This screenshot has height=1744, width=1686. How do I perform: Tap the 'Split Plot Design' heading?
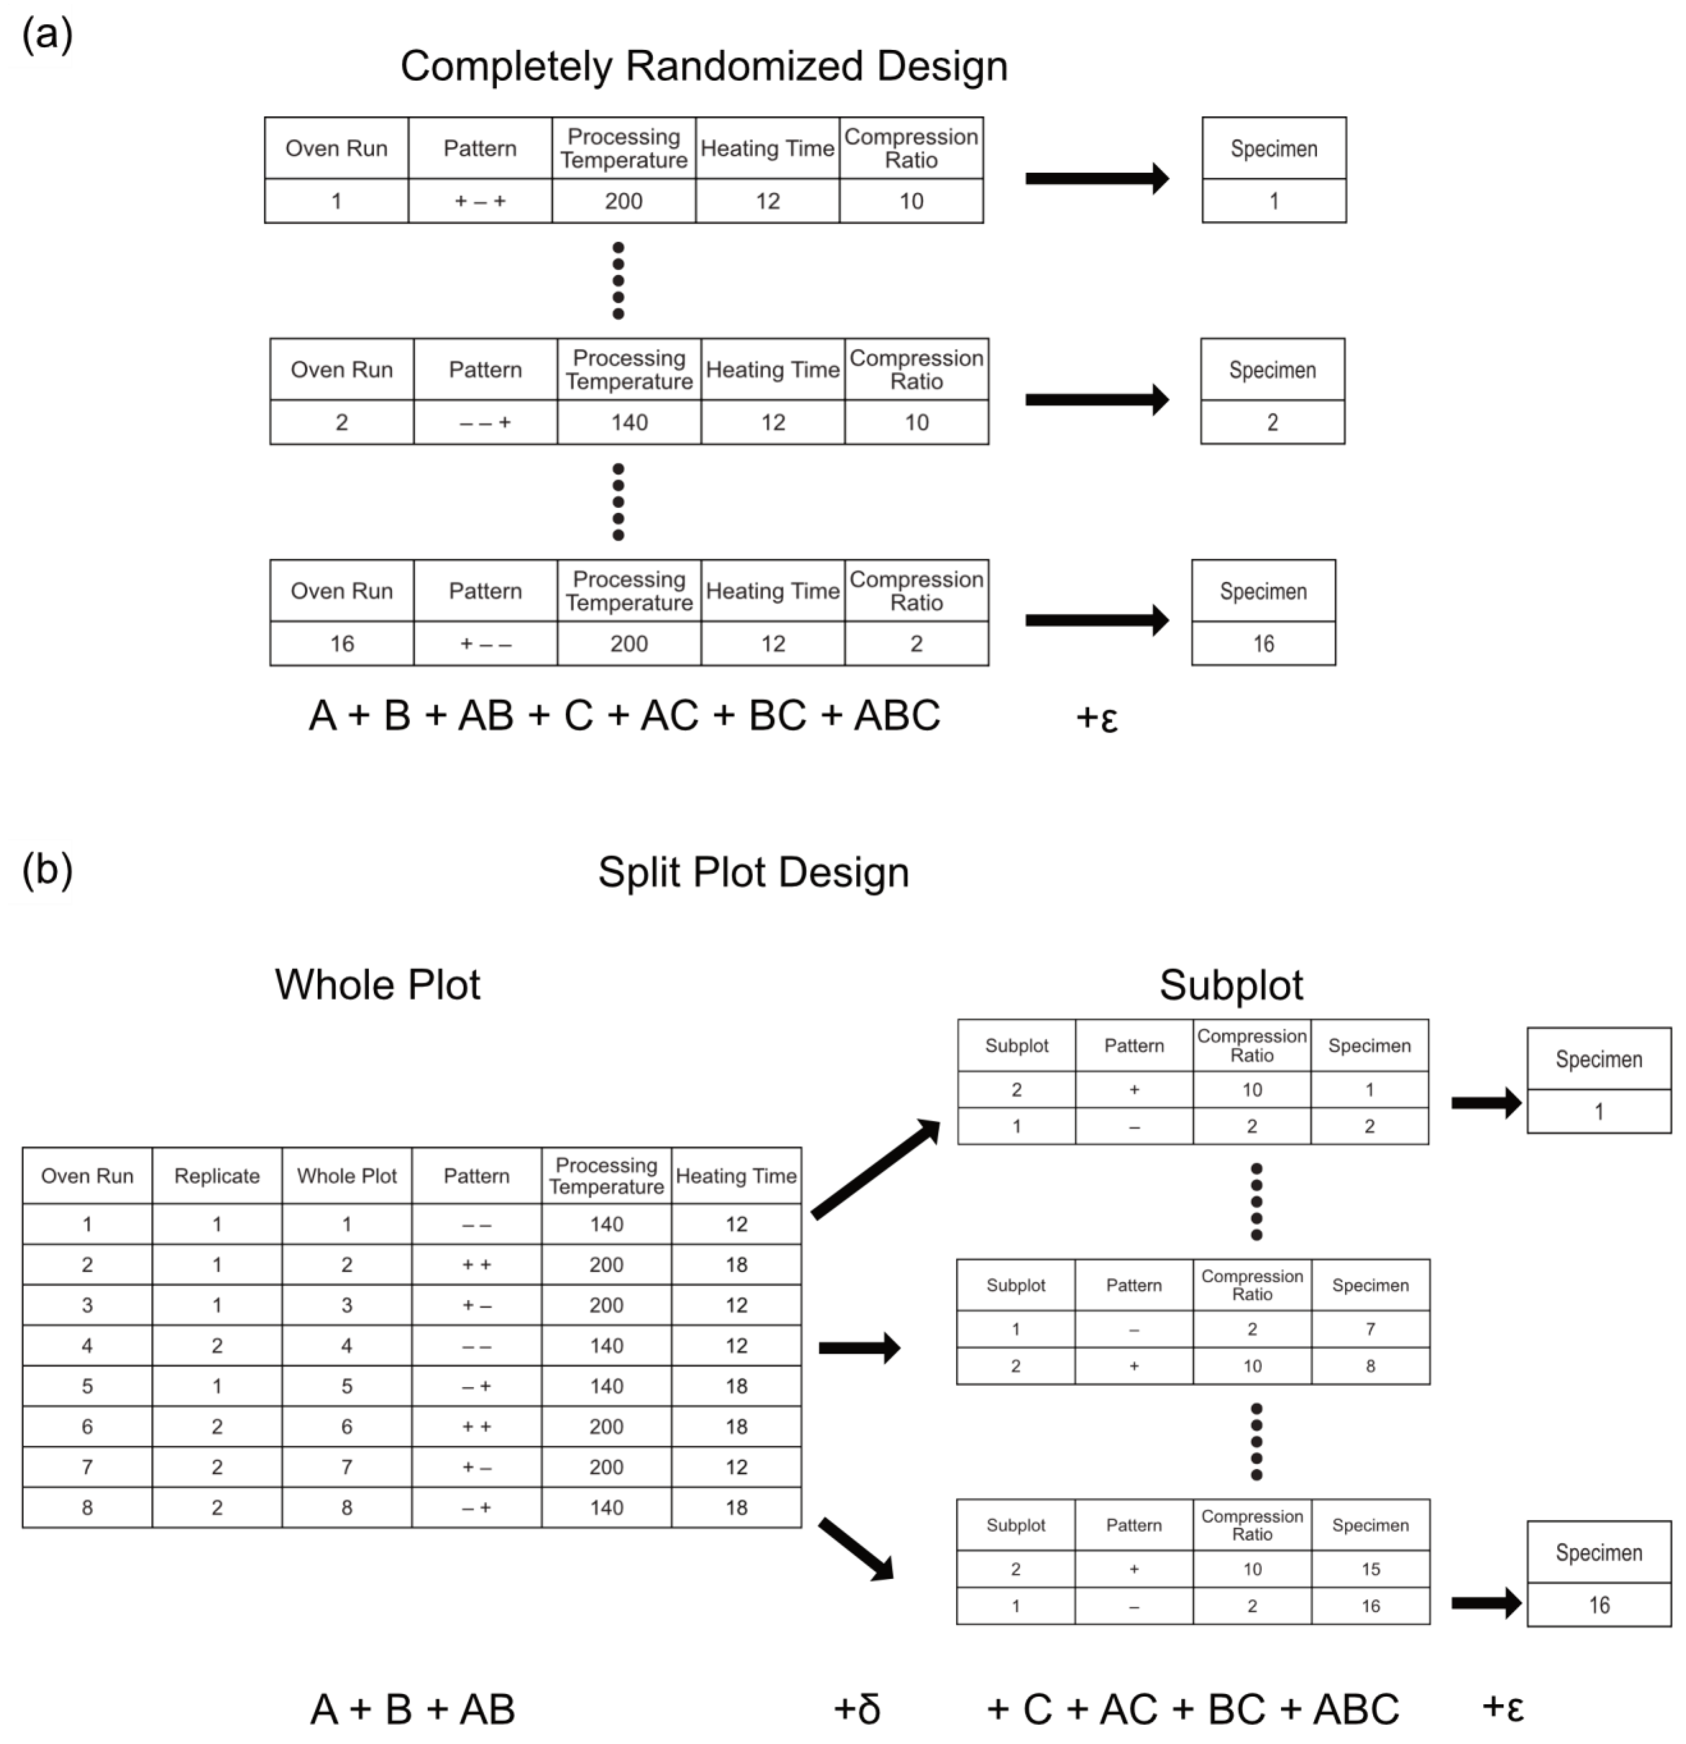point(753,872)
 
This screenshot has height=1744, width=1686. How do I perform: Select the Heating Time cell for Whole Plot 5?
point(736,1386)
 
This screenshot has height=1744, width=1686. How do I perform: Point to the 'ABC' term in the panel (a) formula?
point(897,715)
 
